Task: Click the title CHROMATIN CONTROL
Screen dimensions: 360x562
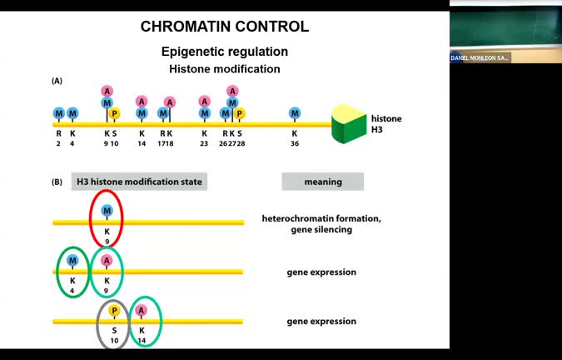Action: coord(224,27)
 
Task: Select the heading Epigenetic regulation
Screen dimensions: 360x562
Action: coord(224,52)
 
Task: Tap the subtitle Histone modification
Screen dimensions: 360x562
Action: coord(225,69)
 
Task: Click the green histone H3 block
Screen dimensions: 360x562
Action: coord(350,124)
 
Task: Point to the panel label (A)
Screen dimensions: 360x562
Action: coord(57,81)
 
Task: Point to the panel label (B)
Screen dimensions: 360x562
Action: coord(57,182)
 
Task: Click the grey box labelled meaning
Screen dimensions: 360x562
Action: coord(322,182)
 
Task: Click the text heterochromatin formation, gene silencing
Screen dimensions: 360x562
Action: coord(321,223)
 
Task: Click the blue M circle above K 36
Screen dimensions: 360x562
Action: coord(295,113)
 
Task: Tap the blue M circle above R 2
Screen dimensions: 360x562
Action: coord(59,113)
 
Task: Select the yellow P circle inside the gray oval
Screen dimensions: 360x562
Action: coord(114,311)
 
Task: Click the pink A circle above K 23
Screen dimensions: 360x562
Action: coord(204,102)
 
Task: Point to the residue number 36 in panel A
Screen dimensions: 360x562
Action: coord(295,142)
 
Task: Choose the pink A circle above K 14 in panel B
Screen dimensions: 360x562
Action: coord(142,311)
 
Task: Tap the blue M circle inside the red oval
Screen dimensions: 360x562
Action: coord(107,210)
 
